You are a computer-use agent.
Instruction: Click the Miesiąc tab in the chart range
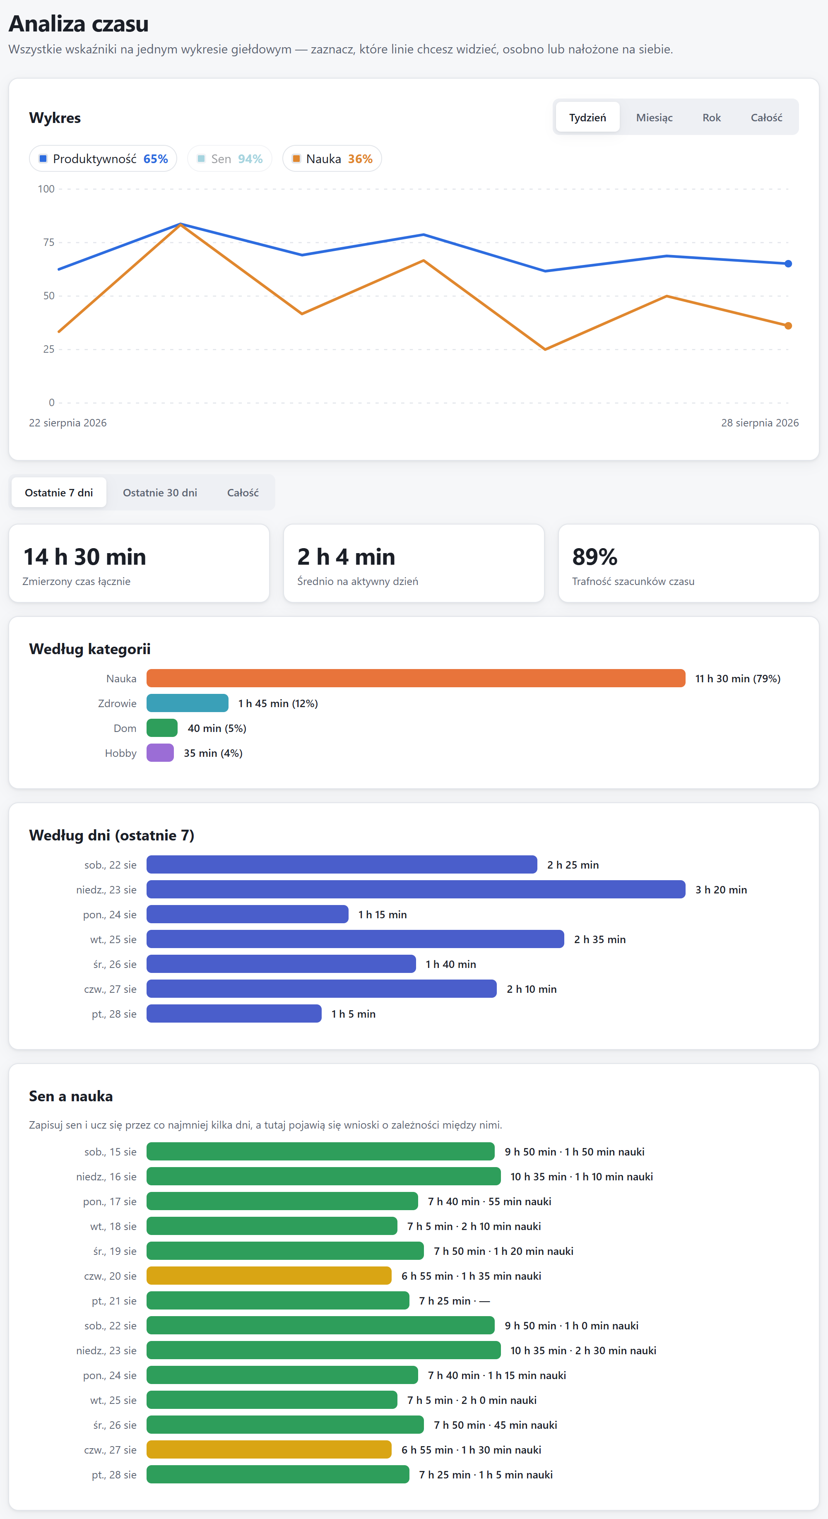pos(654,117)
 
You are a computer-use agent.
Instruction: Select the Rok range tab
pos(711,117)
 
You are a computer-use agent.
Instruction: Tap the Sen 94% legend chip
pos(229,159)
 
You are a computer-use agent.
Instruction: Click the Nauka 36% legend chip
pos(332,159)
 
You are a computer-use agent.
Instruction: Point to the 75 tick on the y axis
pos(48,242)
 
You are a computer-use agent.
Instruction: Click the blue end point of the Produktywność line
pos(788,264)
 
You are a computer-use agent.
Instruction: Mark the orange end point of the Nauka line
pos(788,325)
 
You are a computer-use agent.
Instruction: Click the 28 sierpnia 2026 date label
pos(760,423)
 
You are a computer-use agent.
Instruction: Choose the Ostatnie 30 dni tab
pos(160,492)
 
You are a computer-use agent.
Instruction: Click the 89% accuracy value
pos(595,557)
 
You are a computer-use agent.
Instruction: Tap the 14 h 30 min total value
pos(84,557)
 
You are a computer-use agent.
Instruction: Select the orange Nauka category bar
pos(416,678)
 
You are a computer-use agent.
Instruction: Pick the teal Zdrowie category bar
pos(188,703)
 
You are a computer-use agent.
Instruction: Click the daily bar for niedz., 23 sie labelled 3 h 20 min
pos(416,889)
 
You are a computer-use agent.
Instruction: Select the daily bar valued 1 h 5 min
pos(234,1013)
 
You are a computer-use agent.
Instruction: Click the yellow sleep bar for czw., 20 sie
pos(269,1276)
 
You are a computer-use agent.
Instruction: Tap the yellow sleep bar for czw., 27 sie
pos(269,1449)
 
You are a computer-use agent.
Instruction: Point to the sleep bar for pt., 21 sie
pos(278,1300)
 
